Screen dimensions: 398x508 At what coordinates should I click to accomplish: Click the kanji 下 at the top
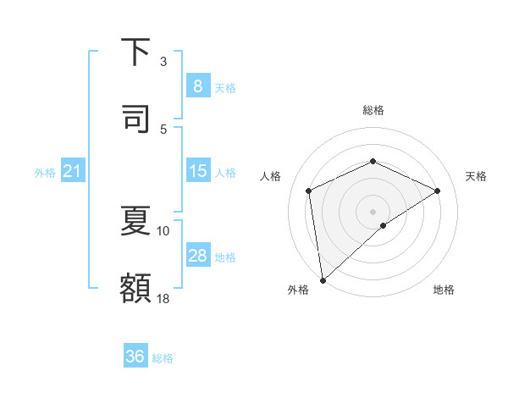135,53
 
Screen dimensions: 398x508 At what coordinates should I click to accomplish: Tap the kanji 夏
135,222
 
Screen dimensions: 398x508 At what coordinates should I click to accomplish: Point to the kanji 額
135,287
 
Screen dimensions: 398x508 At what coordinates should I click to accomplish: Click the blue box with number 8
197,86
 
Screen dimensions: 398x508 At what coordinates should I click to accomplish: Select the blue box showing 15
197,172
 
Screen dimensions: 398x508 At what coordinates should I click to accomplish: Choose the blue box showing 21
72,172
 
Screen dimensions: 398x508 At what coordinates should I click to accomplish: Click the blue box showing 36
135,357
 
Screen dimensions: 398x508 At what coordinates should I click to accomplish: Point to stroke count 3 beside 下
163,62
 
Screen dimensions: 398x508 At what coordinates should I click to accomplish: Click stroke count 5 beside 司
163,129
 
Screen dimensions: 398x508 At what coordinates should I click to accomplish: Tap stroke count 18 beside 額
163,298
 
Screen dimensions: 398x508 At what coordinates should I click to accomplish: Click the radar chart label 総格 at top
373,110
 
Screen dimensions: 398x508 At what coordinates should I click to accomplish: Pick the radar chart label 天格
476,176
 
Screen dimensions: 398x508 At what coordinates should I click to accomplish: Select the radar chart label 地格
444,290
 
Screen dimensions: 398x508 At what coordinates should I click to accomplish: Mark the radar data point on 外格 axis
322,279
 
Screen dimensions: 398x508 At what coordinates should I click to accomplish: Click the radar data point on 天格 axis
438,191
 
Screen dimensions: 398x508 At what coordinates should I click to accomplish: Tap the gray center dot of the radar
373,211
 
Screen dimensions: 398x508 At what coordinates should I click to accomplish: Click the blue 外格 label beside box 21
45,173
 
